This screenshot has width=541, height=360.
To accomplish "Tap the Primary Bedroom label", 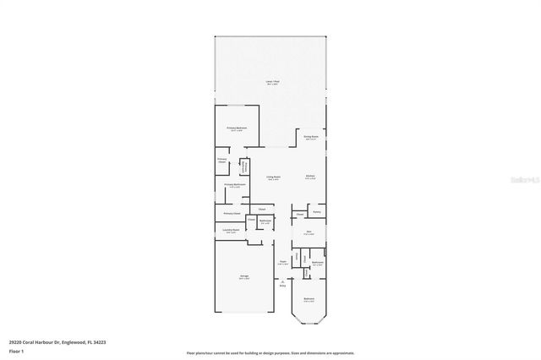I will click(236, 128).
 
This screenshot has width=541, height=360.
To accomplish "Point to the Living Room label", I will click(273, 177).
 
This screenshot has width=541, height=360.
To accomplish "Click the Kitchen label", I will click(310, 177).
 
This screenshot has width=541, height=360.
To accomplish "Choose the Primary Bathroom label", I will click(235, 185).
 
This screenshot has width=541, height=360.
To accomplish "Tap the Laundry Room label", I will click(230, 231).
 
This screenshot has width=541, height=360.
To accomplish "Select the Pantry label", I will click(316, 211).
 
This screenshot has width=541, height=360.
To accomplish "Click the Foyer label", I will click(283, 263).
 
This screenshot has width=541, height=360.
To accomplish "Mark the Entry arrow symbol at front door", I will click(283, 282).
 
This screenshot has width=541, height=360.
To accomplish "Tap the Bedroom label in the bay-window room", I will click(309, 299).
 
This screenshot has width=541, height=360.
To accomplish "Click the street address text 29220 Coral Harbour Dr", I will click(57, 342).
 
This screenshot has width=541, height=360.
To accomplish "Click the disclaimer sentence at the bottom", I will click(270, 352).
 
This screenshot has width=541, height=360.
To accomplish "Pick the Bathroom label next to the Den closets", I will click(317, 263).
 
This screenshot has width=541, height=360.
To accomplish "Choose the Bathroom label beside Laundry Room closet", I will click(265, 221).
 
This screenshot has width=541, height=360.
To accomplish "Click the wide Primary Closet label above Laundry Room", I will click(232, 214).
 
